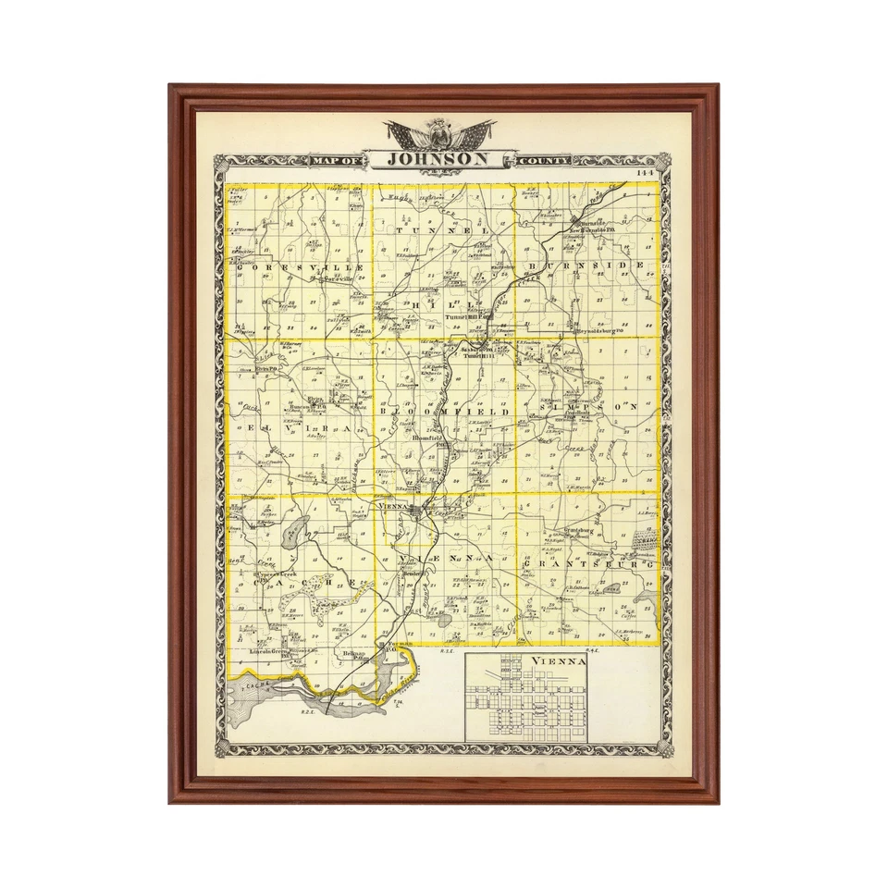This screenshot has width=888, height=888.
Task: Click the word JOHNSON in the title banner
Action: [x=438, y=159]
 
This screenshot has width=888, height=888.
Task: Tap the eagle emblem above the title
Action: [x=440, y=133]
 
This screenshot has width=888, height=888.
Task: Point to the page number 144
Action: [x=645, y=173]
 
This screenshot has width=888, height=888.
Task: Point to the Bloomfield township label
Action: [x=444, y=412]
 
